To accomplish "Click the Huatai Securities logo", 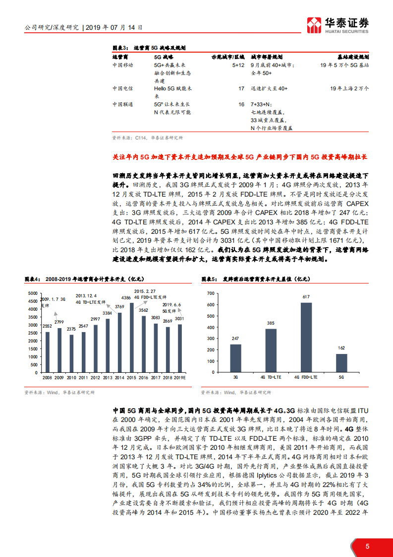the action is (338, 25).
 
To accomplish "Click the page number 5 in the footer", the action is (367, 547).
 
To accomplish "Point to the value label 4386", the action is (127, 298).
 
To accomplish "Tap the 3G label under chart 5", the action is (235, 377).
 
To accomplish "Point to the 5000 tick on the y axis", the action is (32, 293).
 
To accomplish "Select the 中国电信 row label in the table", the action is (122, 88).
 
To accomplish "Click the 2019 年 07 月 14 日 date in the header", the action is (114, 28).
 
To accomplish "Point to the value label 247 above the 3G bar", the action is (235, 339).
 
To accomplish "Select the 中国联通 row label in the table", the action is (122, 104).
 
